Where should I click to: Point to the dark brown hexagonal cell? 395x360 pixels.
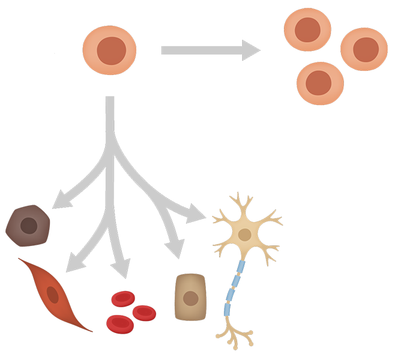(27, 226)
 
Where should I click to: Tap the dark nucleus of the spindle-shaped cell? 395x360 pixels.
(53, 293)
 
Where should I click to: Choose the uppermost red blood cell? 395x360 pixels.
(122, 299)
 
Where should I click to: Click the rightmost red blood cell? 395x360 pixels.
(144, 311)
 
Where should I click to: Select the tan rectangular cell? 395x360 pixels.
(191, 298)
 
